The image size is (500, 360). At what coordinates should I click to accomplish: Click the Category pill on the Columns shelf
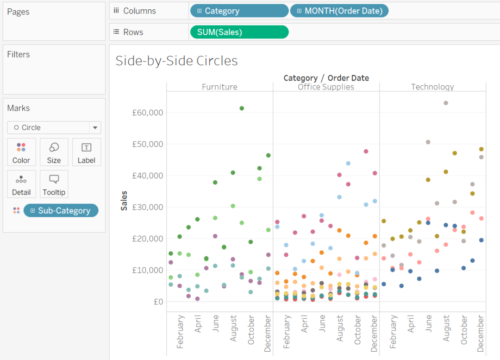point(239,11)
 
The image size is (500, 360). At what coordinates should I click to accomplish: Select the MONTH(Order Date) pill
point(339,11)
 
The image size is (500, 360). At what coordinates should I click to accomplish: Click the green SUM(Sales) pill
point(239,32)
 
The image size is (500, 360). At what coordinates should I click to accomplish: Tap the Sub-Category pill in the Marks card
point(61,210)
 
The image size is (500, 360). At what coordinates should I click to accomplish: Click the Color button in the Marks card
point(21,152)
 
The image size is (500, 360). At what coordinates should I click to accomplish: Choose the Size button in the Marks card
point(54,152)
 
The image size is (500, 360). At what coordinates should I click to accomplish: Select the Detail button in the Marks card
point(21,184)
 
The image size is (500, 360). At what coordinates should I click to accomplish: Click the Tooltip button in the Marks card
point(54,184)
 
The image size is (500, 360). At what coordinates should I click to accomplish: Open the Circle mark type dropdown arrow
point(95,127)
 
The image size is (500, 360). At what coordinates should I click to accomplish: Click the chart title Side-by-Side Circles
point(176,61)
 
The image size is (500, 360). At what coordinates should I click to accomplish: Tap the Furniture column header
point(219,87)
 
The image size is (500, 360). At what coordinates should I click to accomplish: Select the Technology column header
point(432,87)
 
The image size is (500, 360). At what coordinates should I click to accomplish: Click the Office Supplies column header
point(326,87)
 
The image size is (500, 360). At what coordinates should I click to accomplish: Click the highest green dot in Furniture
point(242,108)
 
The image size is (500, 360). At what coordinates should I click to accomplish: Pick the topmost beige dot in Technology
point(446,103)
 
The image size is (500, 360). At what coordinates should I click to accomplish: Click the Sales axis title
point(124,201)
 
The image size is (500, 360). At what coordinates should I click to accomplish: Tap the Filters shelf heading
point(19,54)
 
